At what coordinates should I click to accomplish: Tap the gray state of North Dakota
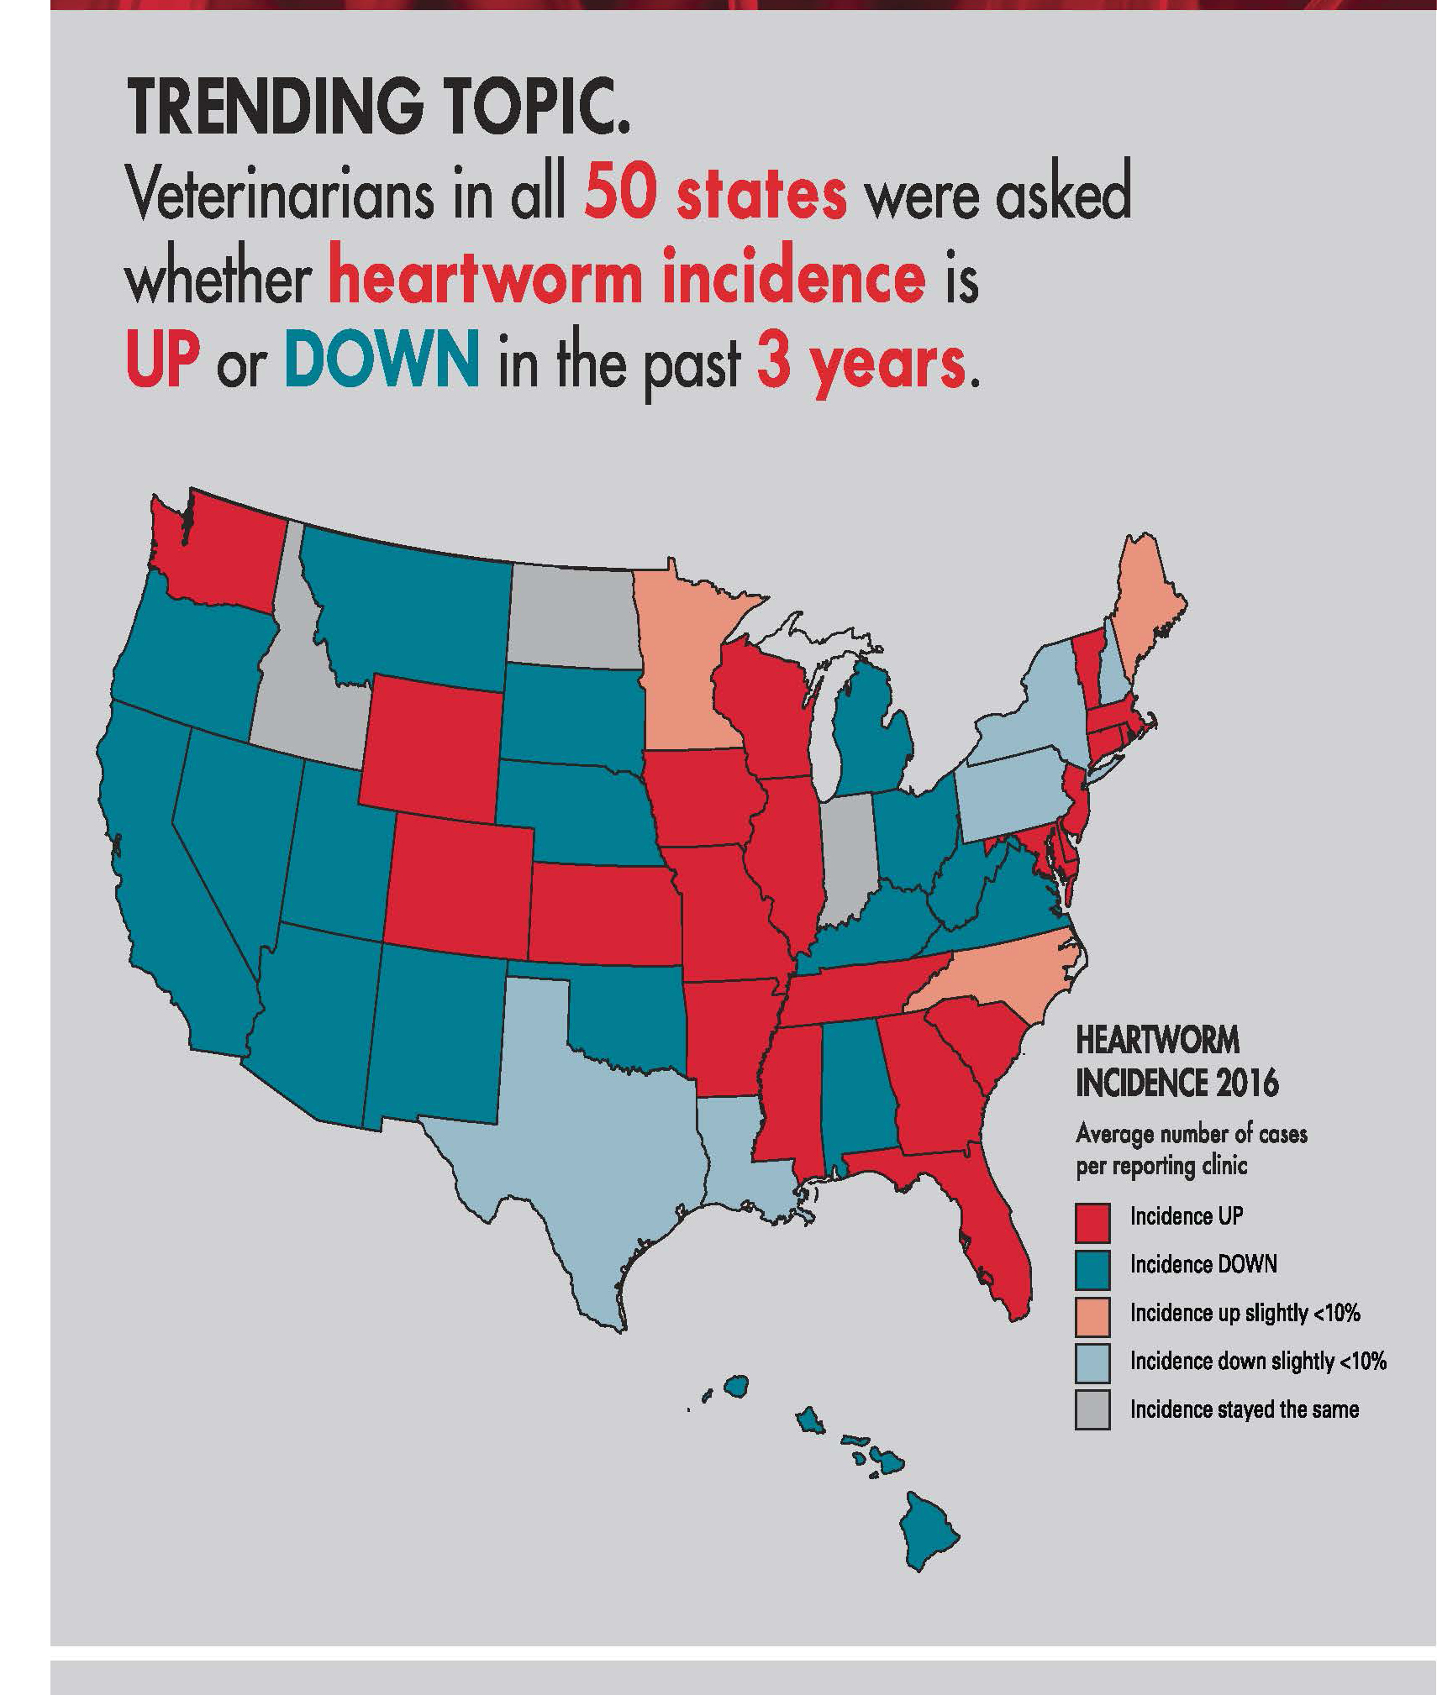tap(571, 617)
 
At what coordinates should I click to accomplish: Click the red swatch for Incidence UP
tap(1092, 1223)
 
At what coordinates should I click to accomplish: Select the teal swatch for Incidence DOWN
tap(1092, 1271)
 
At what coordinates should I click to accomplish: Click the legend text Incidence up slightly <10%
tap(1244, 1313)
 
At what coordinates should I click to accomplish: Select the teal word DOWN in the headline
tap(382, 362)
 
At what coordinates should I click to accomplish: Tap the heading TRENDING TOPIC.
tap(378, 110)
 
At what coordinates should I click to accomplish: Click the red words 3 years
tap(861, 362)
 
